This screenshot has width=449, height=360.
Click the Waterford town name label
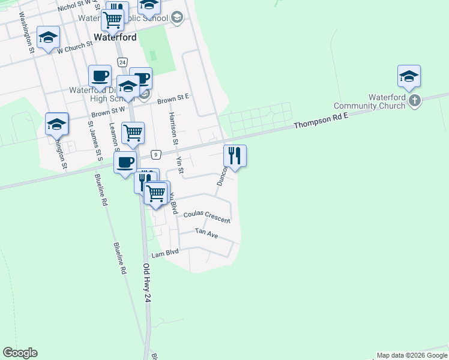115,37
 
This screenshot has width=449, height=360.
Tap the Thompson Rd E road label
321,124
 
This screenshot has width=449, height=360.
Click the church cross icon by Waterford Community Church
415,101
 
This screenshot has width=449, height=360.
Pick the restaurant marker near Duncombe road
235,156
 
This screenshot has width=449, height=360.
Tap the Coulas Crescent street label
206,214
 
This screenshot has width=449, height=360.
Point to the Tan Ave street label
206,233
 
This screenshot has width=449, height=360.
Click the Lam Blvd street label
165,254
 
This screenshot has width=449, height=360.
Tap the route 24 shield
122,62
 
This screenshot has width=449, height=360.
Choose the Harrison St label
172,129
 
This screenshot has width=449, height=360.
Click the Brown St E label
173,98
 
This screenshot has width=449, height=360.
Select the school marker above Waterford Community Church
409,76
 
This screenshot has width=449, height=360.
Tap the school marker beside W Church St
48,38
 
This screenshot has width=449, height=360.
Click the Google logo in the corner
20,353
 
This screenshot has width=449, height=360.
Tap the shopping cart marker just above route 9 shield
133,133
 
